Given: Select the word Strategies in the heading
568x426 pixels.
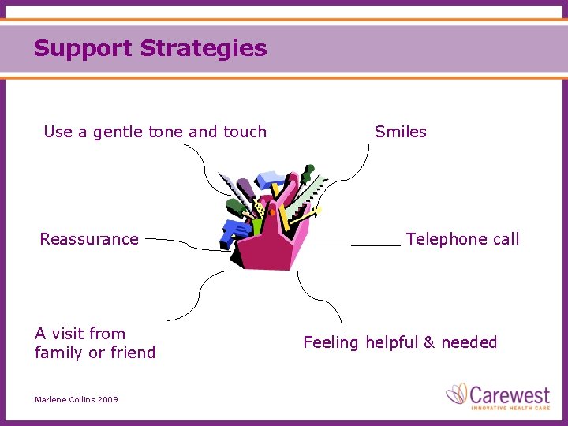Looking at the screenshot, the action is click(x=204, y=49).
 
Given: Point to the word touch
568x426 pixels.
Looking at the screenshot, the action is click(x=245, y=132).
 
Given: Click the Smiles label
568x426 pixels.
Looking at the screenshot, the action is click(x=400, y=132).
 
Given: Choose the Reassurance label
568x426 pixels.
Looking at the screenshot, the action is click(x=89, y=239).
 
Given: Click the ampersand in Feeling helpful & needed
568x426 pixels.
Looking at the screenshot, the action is click(x=429, y=342).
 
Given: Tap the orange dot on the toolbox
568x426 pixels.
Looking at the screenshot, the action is click(x=273, y=211).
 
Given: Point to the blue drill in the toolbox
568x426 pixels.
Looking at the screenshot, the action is click(x=235, y=231).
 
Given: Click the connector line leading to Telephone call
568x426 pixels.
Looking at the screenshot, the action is click(x=355, y=245).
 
